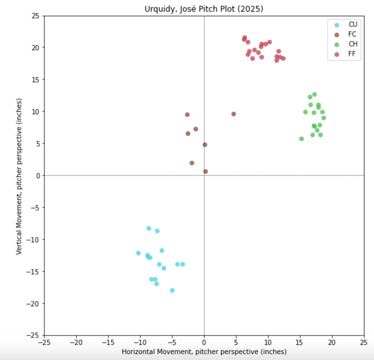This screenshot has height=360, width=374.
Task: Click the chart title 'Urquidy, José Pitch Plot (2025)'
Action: point(204,9)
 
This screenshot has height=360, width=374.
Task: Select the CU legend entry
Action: point(353,25)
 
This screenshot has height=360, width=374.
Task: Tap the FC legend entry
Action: point(352,34)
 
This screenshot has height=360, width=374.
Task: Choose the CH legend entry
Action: point(353,44)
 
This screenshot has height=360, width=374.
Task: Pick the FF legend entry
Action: point(352,54)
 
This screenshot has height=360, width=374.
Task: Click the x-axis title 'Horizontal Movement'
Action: point(204,352)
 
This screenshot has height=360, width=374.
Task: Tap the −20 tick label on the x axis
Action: point(76,342)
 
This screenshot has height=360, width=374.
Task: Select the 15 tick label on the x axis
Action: point(300,342)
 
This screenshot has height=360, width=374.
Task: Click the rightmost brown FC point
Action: point(234,114)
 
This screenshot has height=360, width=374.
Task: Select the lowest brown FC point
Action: point(206,172)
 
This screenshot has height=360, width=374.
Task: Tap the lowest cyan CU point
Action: point(172,290)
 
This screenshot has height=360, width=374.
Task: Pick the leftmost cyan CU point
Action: point(138,253)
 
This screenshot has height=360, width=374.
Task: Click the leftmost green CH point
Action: point(302,139)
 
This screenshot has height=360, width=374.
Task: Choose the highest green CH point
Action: point(315,94)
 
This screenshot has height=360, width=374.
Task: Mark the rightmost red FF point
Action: point(283,58)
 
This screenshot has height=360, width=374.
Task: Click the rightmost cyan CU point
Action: point(183,264)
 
